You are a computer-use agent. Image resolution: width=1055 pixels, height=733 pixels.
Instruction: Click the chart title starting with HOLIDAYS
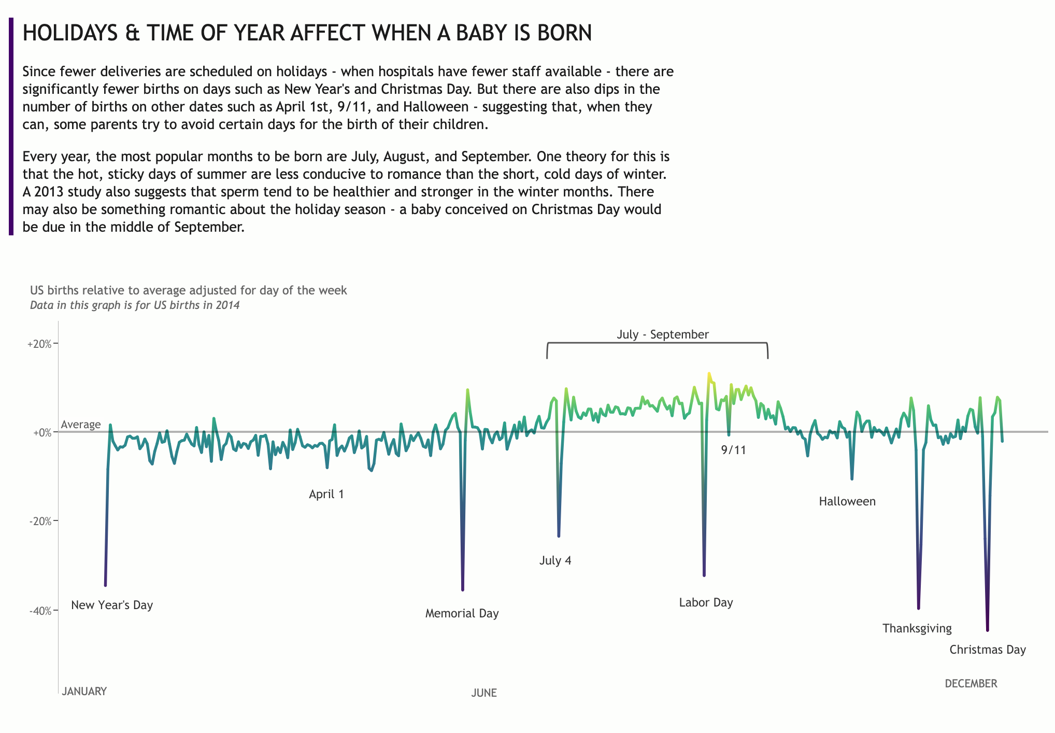pos(307,33)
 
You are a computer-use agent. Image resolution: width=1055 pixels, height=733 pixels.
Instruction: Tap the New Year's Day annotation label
pos(112,605)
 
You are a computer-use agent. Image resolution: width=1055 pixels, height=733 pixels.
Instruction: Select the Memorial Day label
pos(462,613)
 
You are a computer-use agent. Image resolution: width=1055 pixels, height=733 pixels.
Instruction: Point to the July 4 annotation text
pos(555,560)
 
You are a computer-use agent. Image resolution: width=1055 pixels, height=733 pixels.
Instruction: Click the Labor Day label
pos(706,602)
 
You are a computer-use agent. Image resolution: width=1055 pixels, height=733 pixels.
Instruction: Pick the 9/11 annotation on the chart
pos(733,450)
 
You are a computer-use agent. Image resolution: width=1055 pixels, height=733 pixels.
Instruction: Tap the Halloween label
pos(847,501)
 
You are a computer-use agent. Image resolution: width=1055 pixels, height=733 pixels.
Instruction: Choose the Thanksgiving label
pos(917,628)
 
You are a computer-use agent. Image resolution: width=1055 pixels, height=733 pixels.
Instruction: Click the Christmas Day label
pos(987,650)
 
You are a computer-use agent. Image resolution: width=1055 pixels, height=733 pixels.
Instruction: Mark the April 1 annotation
pos(326,494)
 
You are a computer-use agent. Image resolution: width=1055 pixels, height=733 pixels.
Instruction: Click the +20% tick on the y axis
pos(39,344)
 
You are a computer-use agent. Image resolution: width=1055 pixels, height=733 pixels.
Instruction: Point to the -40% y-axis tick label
pos(40,611)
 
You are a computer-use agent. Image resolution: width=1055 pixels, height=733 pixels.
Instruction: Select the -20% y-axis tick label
pos(40,521)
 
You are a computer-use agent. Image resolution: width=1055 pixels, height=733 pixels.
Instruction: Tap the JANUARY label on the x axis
pos(84,691)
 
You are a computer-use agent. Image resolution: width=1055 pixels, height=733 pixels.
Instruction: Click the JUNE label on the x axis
pos(483,693)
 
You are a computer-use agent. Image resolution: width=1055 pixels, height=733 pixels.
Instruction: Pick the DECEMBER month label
pos(971,683)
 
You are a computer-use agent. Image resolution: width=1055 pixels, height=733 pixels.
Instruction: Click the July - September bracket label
pos(662,334)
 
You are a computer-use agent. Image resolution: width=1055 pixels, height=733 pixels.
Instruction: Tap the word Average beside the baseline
pos(80,425)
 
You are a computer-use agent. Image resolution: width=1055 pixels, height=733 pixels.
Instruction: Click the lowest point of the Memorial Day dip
pos(463,590)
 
